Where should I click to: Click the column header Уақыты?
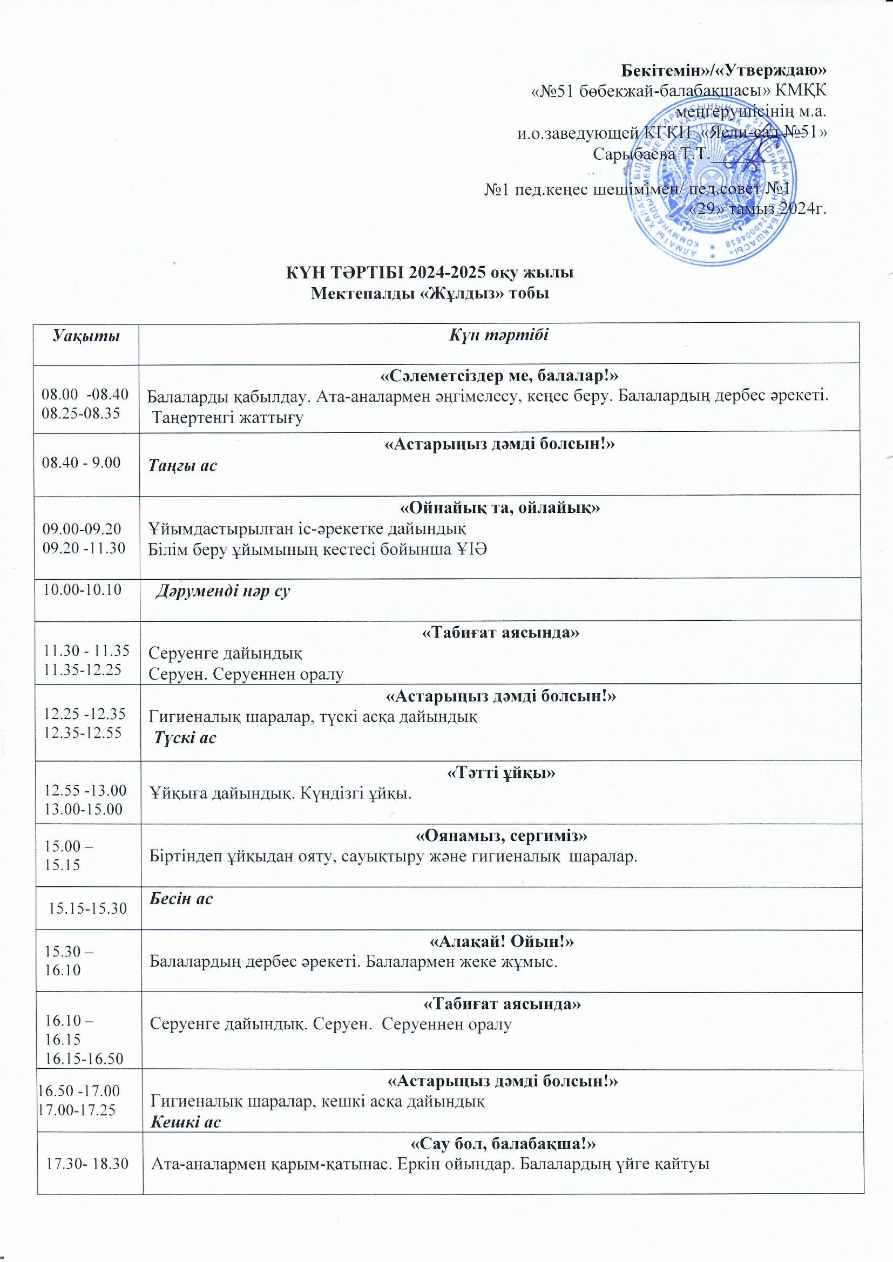coord(86,336)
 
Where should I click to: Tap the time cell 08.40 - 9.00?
coord(82,463)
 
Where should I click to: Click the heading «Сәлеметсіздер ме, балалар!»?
coord(500,376)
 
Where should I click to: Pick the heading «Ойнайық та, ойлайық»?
coord(499,508)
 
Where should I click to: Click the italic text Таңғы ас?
coord(183,465)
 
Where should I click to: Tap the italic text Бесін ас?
coord(181,898)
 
